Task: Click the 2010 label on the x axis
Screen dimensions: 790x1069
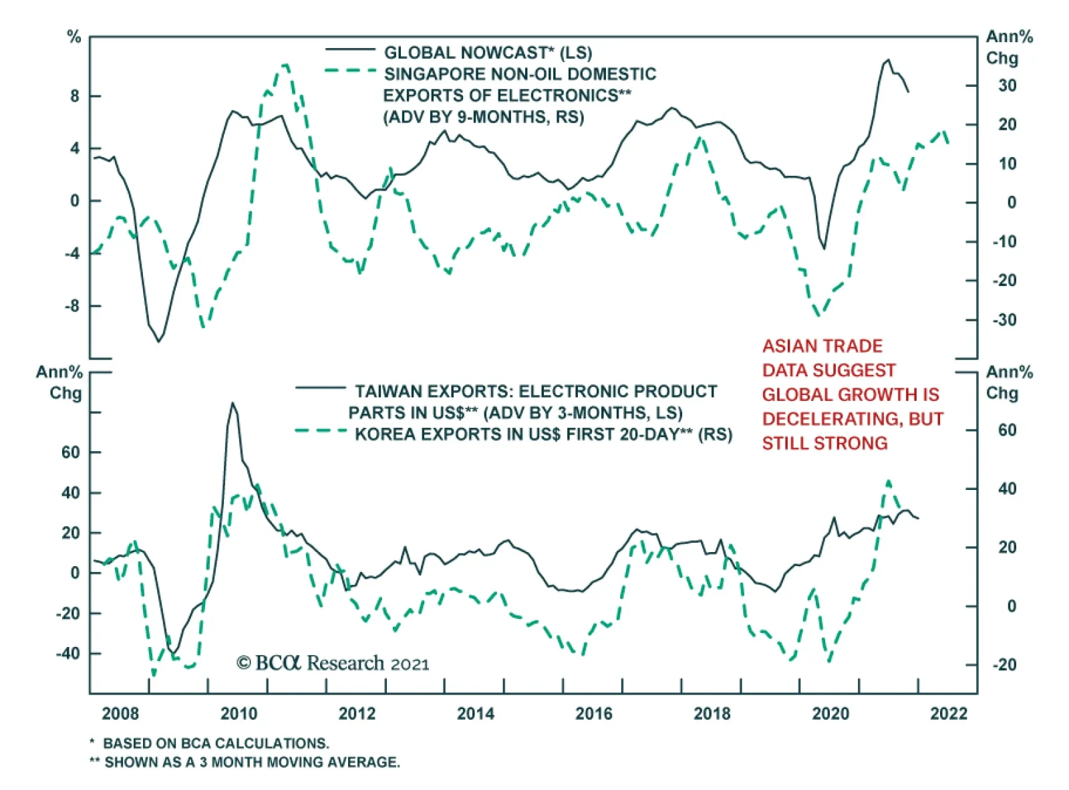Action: tap(239, 714)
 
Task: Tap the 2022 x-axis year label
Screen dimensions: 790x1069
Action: tap(949, 714)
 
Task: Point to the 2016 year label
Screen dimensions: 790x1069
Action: tap(593, 714)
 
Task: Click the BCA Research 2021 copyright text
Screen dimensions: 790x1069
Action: tap(333, 663)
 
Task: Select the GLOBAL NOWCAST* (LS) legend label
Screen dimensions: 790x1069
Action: tap(488, 52)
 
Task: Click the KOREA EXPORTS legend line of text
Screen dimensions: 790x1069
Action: tap(543, 434)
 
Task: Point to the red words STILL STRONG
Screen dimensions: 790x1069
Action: tap(824, 443)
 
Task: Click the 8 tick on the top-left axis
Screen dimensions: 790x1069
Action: tap(75, 96)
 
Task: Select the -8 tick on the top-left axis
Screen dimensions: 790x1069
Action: tap(71, 306)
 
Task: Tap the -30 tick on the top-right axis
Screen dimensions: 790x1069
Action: tap(1004, 320)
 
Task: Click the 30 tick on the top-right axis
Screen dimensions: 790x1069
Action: tap(1007, 86)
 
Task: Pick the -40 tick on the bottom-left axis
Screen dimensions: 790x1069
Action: tap(67, 653)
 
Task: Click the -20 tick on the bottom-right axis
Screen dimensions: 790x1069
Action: tap(1004, 664)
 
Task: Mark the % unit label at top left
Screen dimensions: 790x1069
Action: tap(73, 37)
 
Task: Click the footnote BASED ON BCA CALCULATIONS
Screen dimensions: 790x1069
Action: tap(215, 743)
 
